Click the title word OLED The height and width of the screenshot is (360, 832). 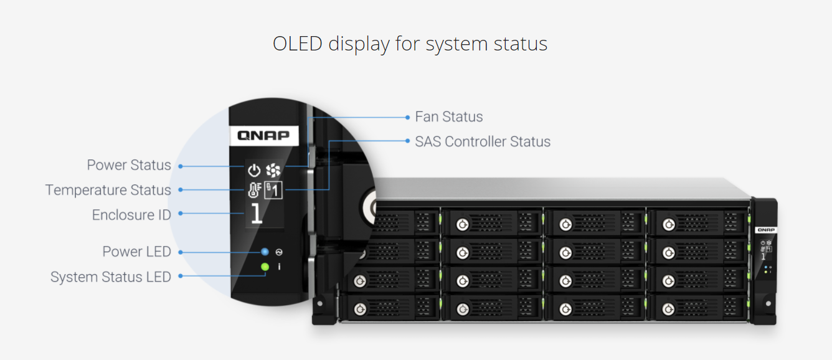[x=298, y=44]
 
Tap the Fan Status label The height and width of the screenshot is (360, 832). [x=448, y=116]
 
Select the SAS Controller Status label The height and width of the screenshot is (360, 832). [x=483, y=141]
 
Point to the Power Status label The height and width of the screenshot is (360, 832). [x=129, y=165]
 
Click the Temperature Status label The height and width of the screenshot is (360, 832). [x=108, y=190]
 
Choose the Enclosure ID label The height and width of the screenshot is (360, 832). [x=131, y=215]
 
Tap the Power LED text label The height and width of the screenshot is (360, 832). [x=136, y=252]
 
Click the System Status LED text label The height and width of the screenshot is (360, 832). [x=111, y=277]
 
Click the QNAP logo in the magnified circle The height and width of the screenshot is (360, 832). [x=263, y=135]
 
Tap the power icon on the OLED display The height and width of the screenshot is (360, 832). [x=254, y=171]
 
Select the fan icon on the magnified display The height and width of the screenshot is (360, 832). [x=273, y=170]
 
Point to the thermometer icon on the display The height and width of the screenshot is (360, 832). [x=255, y=190]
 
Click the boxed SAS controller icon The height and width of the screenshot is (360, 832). [x=273, y=190]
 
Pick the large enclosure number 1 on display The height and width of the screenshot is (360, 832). [x=257, y=214]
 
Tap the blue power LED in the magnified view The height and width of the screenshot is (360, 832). [x=265, y=252]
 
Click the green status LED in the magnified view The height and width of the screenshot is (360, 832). [x=265, y=267]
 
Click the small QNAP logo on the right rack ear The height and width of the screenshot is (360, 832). [x=766, y=230]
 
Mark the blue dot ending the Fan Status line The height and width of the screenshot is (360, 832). [x=407, y=117]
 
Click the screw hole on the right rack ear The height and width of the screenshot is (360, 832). [x=768, y=303]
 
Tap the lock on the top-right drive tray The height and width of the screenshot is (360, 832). [x=669, y=225]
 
